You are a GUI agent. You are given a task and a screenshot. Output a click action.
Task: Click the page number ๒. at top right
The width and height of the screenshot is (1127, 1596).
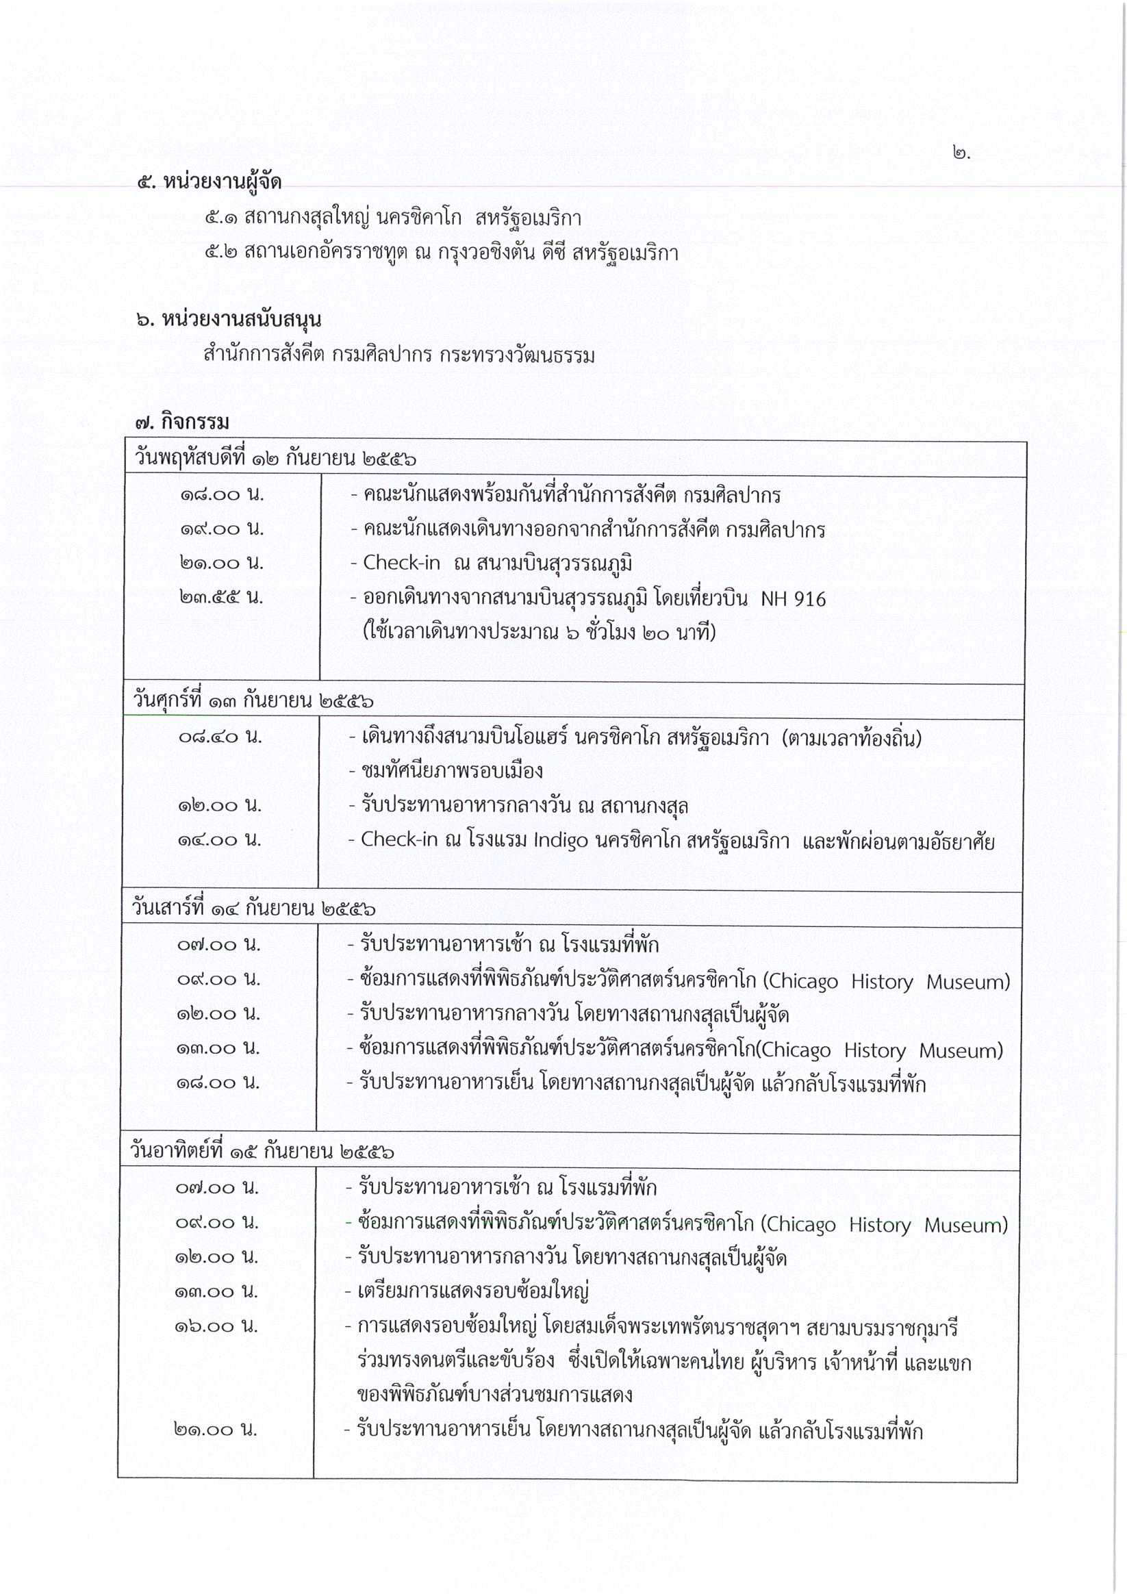[x=961, y=153]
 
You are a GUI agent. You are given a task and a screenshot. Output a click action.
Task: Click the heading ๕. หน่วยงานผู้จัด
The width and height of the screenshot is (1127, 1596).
[x=209, y=182]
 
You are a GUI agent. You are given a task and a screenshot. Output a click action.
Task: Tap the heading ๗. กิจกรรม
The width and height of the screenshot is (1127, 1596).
[x=182, y=422]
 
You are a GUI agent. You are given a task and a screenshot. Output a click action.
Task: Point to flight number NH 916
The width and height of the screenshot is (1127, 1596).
[x=793, y=598]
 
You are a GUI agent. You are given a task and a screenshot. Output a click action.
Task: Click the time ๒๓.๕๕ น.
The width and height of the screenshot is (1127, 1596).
[x=221, y=597]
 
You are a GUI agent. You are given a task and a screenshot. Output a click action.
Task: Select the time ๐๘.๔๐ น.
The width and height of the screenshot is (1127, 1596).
[x=220, y=736]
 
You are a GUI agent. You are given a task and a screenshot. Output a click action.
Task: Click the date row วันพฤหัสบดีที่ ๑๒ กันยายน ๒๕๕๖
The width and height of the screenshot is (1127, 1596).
[x=275, y=459]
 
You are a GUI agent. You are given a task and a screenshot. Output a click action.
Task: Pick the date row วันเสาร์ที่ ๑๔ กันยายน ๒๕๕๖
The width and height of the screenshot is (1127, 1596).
[x=254, y=909]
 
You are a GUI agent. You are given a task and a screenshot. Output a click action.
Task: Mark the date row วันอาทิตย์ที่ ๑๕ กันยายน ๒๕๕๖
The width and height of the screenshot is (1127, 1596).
[x=262, y=1152]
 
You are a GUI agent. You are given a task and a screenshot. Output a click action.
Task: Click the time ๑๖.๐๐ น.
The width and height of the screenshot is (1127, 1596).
[x=216, y=1326]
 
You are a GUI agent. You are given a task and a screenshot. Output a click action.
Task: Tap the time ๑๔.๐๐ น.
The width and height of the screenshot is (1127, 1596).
[x=219, y=839]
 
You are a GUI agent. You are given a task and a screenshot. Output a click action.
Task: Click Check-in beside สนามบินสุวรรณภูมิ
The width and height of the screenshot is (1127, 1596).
[x=401, y=562]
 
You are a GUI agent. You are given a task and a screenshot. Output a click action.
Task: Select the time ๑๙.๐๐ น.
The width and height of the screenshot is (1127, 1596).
[x=222, y=529]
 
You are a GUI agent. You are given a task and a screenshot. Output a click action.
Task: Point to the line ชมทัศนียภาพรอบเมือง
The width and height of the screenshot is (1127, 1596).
[x=452, y=771]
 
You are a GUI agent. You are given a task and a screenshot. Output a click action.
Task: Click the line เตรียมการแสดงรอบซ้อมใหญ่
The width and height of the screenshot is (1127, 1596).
[x=472, y=1291]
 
